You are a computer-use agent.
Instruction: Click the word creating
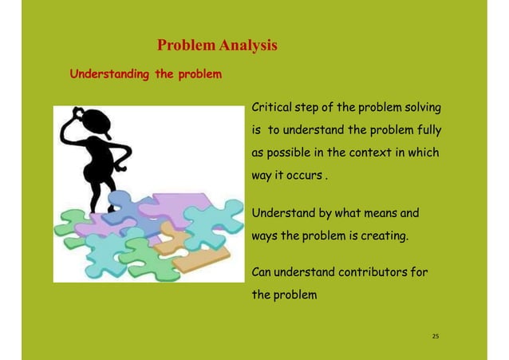(x=380, y=237)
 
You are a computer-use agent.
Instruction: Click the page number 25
(x=436, y=336)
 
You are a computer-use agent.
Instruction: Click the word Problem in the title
(x=183, y=45)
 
